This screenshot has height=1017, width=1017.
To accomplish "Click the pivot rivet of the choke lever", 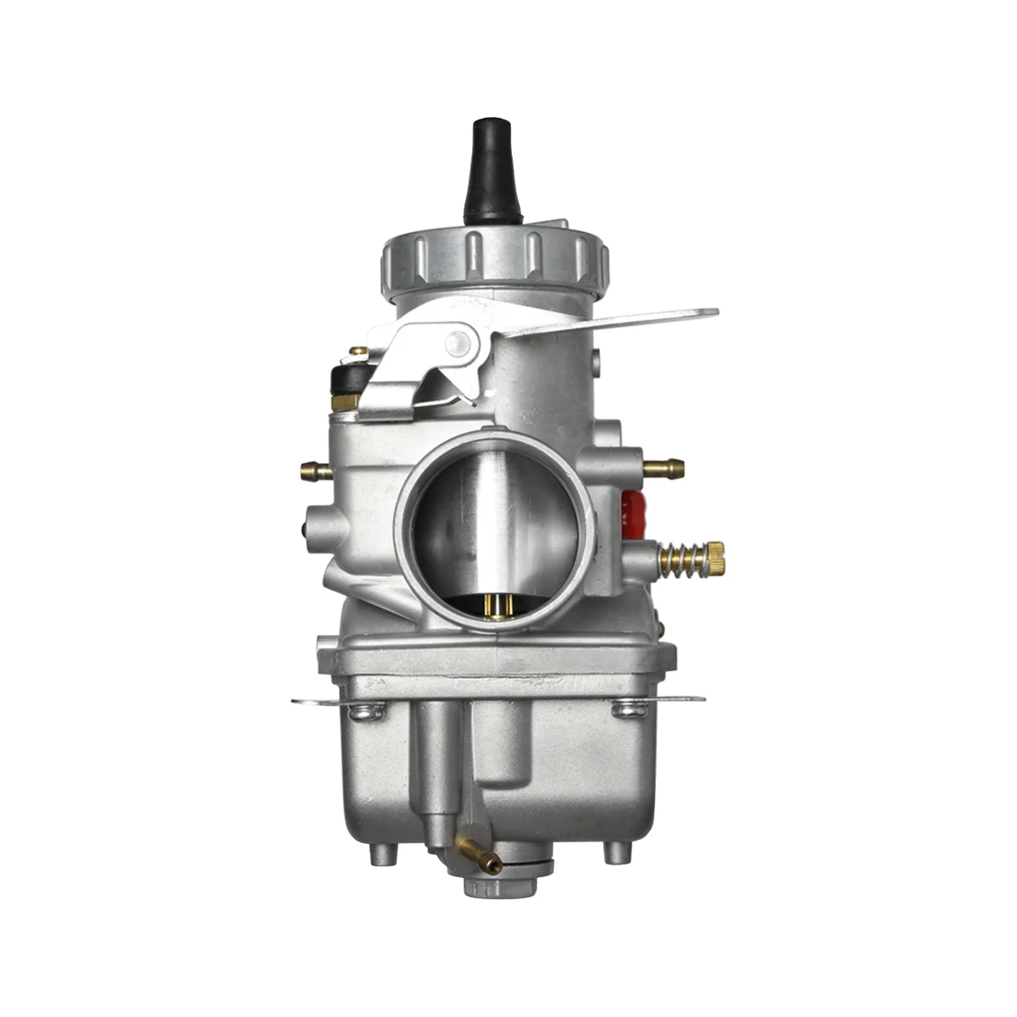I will (x=458, y=342).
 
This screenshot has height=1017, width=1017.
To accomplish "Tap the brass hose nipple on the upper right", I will (x=664, y=466).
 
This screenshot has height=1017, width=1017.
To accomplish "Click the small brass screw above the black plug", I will (x=358, y=351).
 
